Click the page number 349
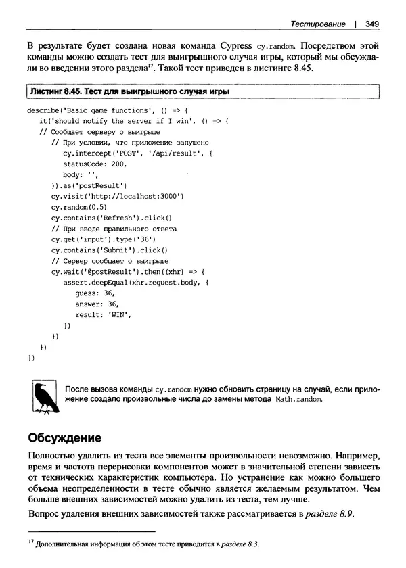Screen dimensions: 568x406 371,24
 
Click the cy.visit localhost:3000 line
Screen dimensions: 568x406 117,196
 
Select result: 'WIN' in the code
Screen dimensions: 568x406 103,315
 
